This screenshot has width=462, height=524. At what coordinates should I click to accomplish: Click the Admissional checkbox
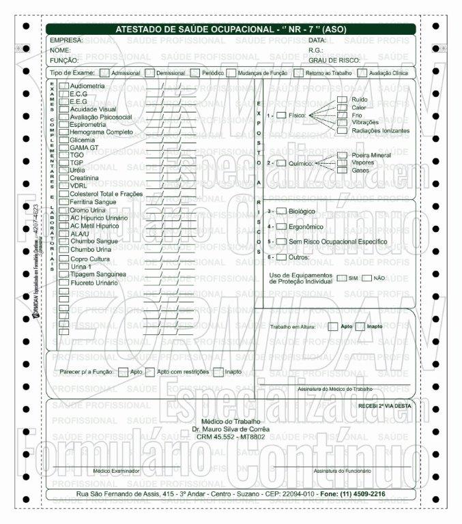coord(104,72)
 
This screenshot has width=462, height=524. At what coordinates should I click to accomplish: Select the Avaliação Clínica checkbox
coord(362,72)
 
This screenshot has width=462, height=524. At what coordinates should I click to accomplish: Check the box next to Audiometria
coord(63,87)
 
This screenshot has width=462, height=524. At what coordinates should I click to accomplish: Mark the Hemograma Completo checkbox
coord(63,132)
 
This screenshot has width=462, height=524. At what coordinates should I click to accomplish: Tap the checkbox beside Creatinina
coord(63,177)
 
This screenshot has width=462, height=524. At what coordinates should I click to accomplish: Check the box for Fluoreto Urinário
coord(63,282)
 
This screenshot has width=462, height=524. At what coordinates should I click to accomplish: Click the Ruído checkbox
coord(342,100)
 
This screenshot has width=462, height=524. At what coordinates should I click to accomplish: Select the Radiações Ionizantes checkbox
coord(342,130)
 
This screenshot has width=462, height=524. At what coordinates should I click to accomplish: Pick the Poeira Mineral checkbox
coord(342,156)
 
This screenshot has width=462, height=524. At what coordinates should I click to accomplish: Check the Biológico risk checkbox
coord(281,212)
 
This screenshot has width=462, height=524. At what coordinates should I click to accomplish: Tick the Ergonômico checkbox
coord(281,226)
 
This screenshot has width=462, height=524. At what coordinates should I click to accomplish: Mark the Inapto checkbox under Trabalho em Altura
coord(360,326)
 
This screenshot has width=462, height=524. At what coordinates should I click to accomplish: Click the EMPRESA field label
coord(66,40)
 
